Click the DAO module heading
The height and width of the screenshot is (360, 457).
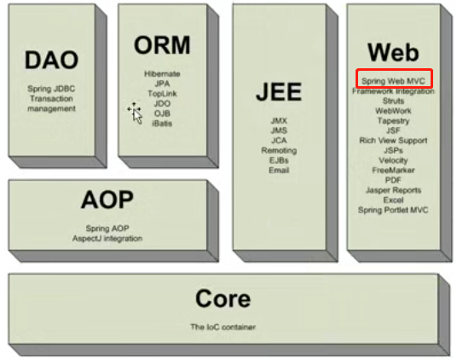[52, 60]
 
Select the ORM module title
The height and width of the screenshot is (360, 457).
[162, 45]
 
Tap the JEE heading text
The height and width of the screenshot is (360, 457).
[279, 91]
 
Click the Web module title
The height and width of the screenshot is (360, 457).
[393, 52]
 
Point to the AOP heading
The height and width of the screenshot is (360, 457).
[107, 200]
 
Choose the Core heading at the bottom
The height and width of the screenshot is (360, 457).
[223, 299]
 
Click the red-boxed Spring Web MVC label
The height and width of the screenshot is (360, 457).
[393, 81]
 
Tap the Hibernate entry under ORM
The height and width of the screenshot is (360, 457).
[162, 73]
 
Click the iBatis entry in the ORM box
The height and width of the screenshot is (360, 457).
[162, 124]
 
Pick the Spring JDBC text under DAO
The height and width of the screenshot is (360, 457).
[51, 89]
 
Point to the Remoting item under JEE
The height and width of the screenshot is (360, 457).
[279, 150]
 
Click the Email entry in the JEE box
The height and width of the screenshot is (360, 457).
[279, 171]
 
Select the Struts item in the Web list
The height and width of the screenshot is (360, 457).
[393, 101]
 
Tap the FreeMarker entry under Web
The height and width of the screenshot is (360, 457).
[393, 171]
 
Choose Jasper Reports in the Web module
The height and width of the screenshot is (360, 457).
[393, 190]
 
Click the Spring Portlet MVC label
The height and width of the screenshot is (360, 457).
[393, 210]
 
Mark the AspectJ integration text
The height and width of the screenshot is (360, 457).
[107, 239]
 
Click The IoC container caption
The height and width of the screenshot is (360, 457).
[223, 327]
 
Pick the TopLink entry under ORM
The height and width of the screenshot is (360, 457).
[162, 94]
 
